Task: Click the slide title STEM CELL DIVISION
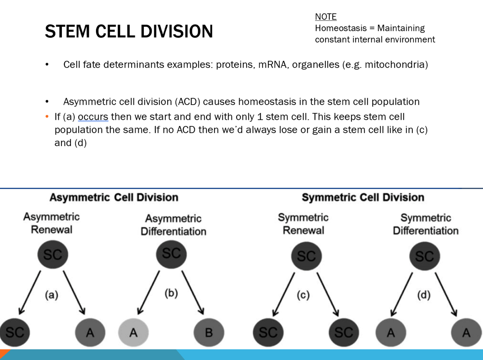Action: click(x=129, y=31)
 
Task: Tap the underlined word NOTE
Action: click(x=326, y=17)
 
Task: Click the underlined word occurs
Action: click(x=93, y=117)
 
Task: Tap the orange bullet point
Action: click(x=47, y=117)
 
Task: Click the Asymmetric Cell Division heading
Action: click(x=114, y=197)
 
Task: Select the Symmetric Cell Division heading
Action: click(x=363, y=197)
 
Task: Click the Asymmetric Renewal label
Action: click(x=51, y=223)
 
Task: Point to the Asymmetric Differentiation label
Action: click(x=173, y=225)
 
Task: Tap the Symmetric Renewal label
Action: click(x=303, y=224)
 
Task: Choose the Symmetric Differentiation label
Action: click(x=425, y=224)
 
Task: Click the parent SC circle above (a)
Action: click(x=53, y=254)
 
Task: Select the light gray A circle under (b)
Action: click(x=133, y=332)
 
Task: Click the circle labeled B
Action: click(x=209, y=332)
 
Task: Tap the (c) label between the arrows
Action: click(x=303, y=295)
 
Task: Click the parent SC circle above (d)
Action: click(x=424, y=256)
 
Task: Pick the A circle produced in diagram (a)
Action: click(x=90, y=332)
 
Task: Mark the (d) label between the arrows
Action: click(x=424, y=295)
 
